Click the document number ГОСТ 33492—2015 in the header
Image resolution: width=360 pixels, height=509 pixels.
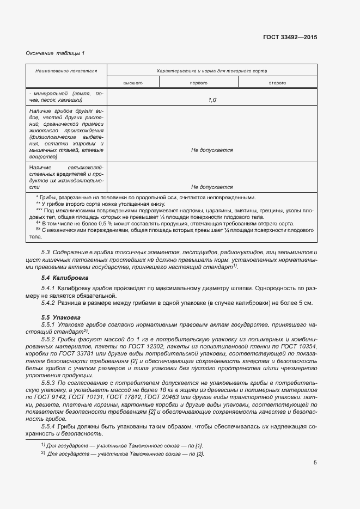click(x=290, y=38)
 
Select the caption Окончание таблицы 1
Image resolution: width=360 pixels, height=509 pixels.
click(x=55, y=53)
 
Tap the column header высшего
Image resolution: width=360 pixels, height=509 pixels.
click(x=133, y=83)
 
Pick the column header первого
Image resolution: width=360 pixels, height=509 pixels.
click(x=198, y=83)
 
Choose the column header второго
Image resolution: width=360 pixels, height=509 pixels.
click(x=277, y=83)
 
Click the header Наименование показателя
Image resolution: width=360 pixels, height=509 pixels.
click(x=66, y=71)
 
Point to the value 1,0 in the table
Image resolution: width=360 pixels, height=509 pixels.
click(x=212, y=100)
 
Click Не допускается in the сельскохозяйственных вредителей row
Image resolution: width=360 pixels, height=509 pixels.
click(x=212, y=187)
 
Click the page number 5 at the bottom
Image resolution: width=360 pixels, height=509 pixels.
click(x=315, y=463)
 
